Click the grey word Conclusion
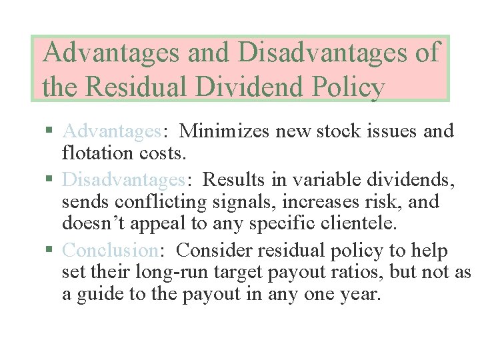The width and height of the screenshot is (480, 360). pyautogui.click(x=109, y=250)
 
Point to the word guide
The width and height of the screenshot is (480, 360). pyautogui.click(x=101, y=293)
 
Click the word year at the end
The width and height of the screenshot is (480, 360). pyautogui.click(x=358, y=293)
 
